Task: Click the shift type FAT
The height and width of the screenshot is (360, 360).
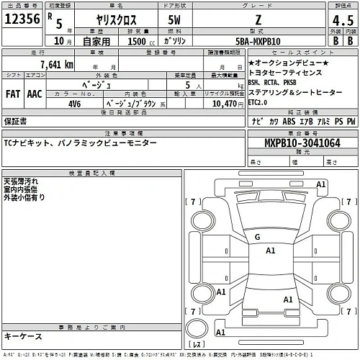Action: pos(14,94)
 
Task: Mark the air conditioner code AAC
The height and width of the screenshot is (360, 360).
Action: pos(35,94)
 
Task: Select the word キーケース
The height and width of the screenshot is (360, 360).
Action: pos(23,336)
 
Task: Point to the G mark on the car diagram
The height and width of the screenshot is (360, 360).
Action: pos(257,237)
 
